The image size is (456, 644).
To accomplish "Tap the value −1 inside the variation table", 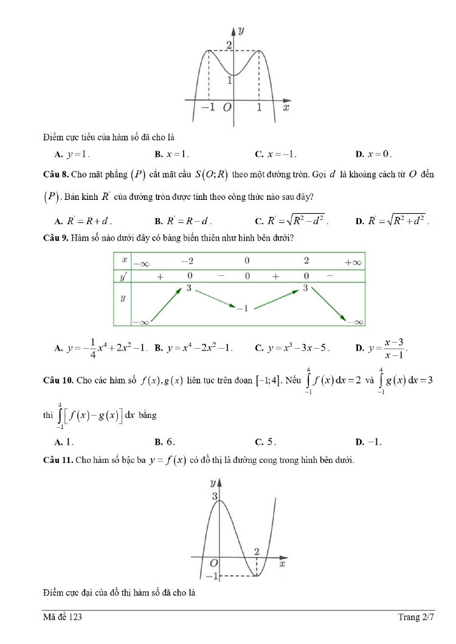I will pyautogui.click(x=242, y=308).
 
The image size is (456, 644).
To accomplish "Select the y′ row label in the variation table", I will pyautogui.click(x=123, y=276).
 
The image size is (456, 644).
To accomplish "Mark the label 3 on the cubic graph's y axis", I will pyautogui.click(x=215, y=496).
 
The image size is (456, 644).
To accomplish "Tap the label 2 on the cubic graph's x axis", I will pyautogui.click(x=257, y=552).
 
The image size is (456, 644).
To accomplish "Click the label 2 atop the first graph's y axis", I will pyautogui.click(x=229, y=45).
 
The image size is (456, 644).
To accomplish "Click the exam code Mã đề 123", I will pyautogui.click(x=63, y=617).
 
